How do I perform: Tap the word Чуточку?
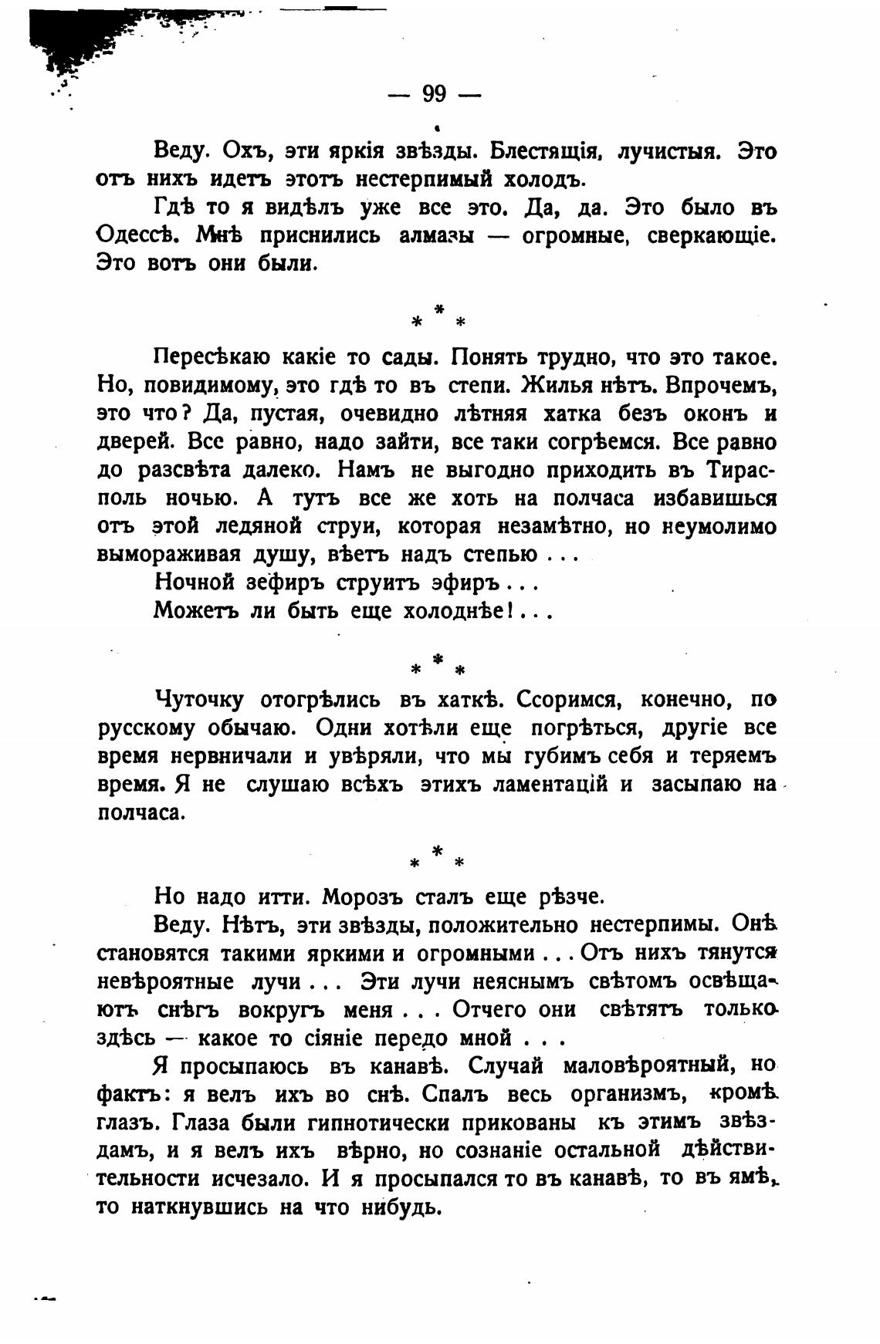pos(200,699)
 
